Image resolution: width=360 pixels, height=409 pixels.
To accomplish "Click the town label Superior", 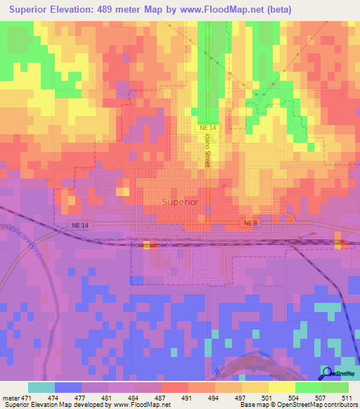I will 180,202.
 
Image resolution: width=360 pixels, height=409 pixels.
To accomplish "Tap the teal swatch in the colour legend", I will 41,387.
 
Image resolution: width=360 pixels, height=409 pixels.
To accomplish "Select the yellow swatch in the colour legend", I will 282,387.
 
